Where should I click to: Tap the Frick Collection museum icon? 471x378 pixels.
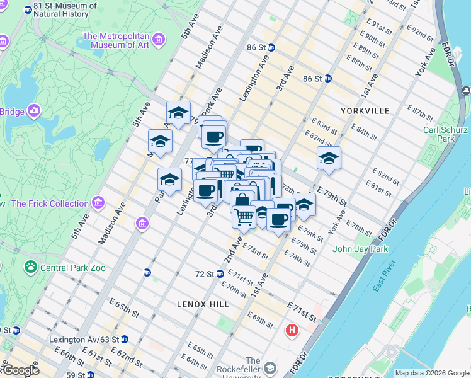(x=98, y=203)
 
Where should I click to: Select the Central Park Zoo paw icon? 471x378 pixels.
(x=30, y=267)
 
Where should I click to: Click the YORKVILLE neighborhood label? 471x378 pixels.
(x=365, y=110)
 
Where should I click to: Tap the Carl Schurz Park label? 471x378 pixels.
(x=438, y=134)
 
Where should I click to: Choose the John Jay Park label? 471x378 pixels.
(x=360, y=249)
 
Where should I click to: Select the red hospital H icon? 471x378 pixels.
(x=292, y=330)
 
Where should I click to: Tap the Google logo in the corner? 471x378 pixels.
(x=20, y=370)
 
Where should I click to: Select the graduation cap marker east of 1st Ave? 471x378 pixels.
(x=328, y=159)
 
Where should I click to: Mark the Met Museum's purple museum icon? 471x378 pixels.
(x=159, y=40)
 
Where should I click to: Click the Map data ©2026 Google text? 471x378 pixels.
(x=431, y=373)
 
